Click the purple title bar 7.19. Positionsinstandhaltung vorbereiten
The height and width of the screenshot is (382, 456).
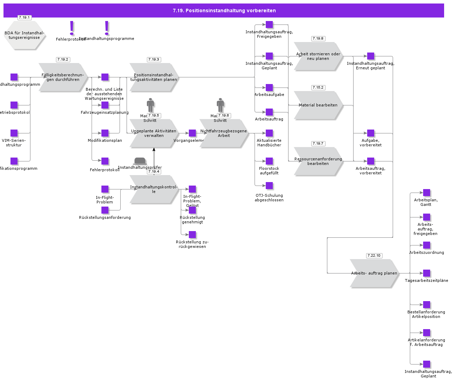point(224,11)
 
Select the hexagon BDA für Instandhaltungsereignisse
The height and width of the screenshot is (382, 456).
point(24,35)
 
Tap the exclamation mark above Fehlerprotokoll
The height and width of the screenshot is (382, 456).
point(72,28)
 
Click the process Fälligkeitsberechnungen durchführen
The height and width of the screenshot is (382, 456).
point(63,77)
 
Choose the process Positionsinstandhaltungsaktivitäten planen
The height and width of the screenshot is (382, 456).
point(154,77)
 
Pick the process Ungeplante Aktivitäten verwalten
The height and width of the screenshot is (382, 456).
point(154,133)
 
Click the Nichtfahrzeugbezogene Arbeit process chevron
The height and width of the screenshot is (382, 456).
point(224,133)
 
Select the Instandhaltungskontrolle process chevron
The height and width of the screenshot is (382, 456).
point(154,189)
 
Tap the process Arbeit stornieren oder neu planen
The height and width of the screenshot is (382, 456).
point(318,56)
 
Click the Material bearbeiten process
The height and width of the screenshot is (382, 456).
point(318,105)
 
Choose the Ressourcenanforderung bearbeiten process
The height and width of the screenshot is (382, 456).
point(318,161)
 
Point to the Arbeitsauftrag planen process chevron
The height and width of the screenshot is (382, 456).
point(374,273)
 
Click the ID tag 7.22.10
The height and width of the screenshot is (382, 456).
point(374,256)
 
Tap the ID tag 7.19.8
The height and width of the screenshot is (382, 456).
point(318,39)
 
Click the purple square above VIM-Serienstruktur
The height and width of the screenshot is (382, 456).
point(14,133)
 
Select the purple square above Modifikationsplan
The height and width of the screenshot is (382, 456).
point(105,133)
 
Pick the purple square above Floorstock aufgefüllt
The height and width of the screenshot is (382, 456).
point(269,161)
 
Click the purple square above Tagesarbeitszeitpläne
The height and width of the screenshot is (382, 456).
point(427,273)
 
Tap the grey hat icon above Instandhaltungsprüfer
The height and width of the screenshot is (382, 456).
point(140,161)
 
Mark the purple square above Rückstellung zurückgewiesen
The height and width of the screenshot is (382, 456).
point(192,235)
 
